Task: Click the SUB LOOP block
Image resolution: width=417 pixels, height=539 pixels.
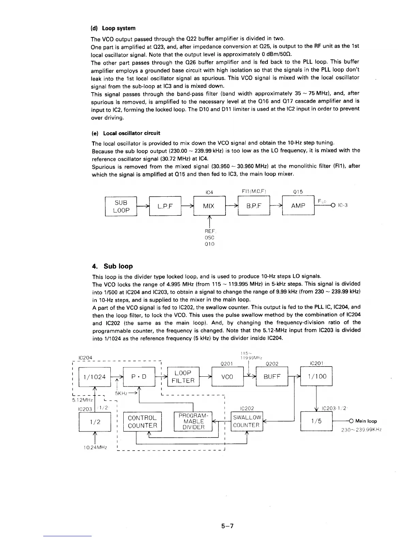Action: pos(121,206)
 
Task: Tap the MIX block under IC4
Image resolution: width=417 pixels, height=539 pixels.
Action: pos(209,206)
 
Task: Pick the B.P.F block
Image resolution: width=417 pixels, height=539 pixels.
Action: pos(253,206)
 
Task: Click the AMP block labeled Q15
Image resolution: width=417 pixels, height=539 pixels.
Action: pos(298,206)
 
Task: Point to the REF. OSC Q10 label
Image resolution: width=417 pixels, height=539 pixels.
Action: pos(210,238)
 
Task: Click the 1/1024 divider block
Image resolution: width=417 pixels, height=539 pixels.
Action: pos(95,377)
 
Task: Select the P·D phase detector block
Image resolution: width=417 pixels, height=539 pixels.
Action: pos(139,377)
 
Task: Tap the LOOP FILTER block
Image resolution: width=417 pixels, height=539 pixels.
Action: pos(183,376)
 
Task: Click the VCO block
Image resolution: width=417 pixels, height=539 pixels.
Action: pos(227,377)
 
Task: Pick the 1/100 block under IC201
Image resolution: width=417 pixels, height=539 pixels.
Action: pos(316,376)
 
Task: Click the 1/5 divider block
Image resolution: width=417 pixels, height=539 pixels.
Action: pos(316,421)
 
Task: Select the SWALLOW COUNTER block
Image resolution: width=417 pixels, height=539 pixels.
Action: pos(247,421)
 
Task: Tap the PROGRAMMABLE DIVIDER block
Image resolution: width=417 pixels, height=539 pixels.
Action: pos(193,421)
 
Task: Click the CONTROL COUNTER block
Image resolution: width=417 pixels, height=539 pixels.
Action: pos(142,421)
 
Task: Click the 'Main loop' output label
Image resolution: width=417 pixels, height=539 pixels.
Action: pos(366,421)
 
